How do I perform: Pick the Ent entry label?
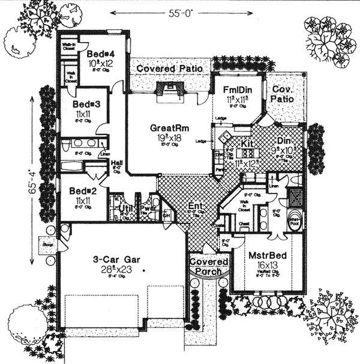[x=193, y=205]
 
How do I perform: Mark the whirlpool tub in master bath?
[x=295, y=220]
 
